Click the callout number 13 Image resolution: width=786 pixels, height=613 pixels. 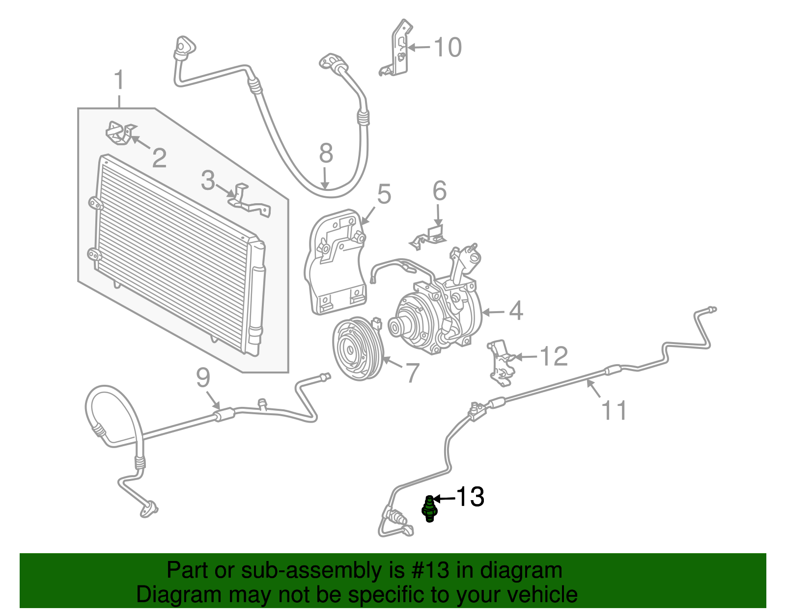470,497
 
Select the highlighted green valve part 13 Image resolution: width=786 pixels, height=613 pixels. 429,509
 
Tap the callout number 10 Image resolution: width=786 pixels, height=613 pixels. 448,48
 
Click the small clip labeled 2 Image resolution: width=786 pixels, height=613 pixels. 119,133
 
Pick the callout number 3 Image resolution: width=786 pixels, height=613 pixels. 208,181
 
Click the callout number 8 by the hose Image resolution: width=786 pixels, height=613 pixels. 326,153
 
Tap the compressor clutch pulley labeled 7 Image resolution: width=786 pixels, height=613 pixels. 357,348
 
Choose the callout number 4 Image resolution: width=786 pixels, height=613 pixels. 515,311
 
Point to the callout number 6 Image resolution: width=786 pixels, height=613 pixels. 439,191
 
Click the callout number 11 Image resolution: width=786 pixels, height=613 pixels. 614,410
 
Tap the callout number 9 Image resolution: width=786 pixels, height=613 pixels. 203,378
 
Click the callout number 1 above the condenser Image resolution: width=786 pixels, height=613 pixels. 119,80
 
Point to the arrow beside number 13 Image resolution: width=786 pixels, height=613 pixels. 444,499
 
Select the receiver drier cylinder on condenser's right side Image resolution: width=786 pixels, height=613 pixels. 256,299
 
